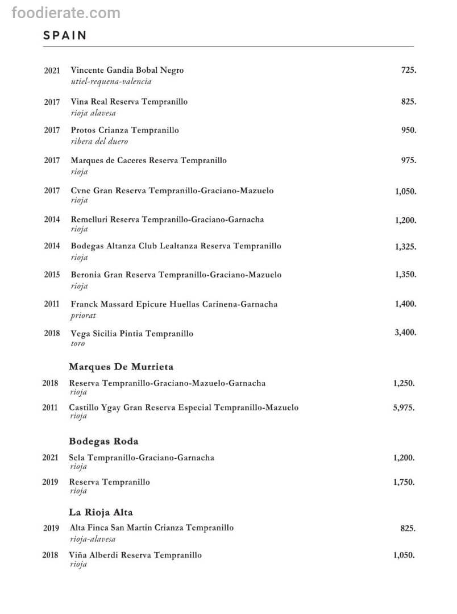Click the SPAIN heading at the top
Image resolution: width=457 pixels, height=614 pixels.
coord(65,35)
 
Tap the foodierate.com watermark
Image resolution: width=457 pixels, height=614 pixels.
coord(66,13)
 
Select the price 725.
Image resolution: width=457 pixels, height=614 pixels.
coord(408,70)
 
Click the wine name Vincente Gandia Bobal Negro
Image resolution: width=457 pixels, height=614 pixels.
coord(127,70)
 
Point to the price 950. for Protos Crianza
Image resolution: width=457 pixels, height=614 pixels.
coord(408,130)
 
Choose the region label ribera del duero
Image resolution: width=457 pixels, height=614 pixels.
coord(99,141)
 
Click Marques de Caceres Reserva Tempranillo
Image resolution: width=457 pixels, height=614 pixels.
coord(148,160)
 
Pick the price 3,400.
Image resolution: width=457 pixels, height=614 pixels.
coord(405,333)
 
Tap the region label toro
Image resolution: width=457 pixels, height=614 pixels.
coord(77,343)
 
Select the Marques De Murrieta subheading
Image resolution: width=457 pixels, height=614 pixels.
coord(121,367)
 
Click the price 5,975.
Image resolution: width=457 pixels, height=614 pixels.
coord(404,408)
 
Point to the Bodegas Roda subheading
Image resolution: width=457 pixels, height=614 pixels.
coord(103,441)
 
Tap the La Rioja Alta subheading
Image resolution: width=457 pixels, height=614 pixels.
coord(101,512)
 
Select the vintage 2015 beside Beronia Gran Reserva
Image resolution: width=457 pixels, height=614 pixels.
coord(52,275)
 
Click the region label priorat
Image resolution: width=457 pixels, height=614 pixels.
coord(83,316)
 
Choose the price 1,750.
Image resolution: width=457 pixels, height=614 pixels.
coord(404,482)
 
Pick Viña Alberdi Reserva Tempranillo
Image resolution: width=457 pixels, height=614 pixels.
coord(135,555)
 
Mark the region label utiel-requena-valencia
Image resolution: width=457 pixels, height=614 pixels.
coord(111,81)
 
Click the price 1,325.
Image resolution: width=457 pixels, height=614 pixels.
coord(405,247)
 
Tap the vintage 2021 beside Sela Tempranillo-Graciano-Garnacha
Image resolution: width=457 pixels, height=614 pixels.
coord(50,458)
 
